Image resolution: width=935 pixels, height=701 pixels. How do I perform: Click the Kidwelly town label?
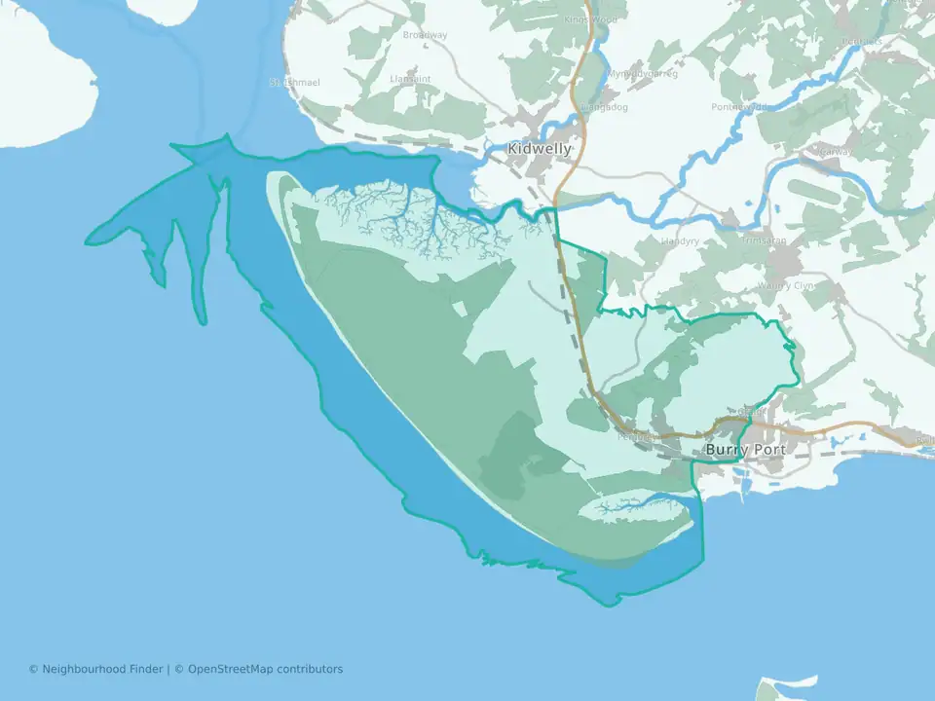pyautogui.click(x=540, y=149)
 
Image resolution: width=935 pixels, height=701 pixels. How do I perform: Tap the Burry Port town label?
pyautogui.click(x=745, y=450)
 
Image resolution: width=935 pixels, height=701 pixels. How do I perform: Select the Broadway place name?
pyautogui.click(x=426, y=36)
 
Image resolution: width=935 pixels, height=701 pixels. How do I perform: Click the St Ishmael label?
pyautogui.click(x=295, y=83)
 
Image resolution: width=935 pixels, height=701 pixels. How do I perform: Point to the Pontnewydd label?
pyautogui.click(x=740, y=107)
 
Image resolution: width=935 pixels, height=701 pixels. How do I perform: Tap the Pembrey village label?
pyautogui.click(x=634, y=437)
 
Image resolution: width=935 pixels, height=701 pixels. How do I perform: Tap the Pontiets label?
pyautogui.click(x=862, y=41)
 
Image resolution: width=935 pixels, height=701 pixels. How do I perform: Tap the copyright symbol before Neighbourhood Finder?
pyautogui.click(x=33, y=669)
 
